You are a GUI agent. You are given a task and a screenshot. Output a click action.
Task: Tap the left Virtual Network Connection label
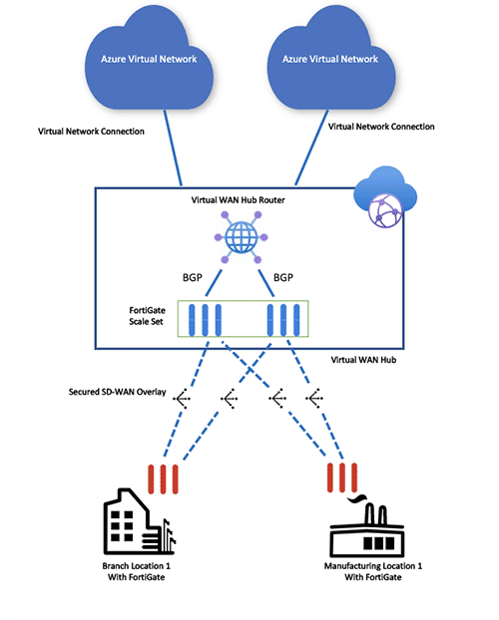[91, 132]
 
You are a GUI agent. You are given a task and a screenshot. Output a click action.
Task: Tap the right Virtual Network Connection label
[381, 127]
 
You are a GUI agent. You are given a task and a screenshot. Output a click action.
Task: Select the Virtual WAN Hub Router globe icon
[242, 237]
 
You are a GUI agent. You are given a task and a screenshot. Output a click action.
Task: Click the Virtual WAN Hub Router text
[238, 200]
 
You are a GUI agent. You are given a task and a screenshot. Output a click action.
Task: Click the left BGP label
[193, 277]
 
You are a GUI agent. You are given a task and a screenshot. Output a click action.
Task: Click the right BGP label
[283, 277]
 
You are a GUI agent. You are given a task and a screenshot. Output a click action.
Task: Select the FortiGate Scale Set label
[147, 316]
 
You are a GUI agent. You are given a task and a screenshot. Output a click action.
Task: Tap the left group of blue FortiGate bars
[205, 320]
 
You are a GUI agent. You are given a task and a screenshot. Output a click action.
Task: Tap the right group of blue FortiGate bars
[283, 320]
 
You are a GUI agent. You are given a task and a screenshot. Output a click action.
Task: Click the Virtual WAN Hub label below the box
[363, 360]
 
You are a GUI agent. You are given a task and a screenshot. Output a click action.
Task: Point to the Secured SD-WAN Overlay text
[117, 392]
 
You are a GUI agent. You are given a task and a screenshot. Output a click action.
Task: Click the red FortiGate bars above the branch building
[163, 479]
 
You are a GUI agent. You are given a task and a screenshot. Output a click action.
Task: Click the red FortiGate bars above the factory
[342, 477]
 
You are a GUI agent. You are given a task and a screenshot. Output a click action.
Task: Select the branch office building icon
[139, 521]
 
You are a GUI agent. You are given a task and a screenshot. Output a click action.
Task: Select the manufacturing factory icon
[366, 527]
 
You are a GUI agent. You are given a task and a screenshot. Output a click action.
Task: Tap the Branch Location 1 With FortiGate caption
[137, 572]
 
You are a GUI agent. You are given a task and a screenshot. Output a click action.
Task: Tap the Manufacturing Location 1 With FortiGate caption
[373, 572]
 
